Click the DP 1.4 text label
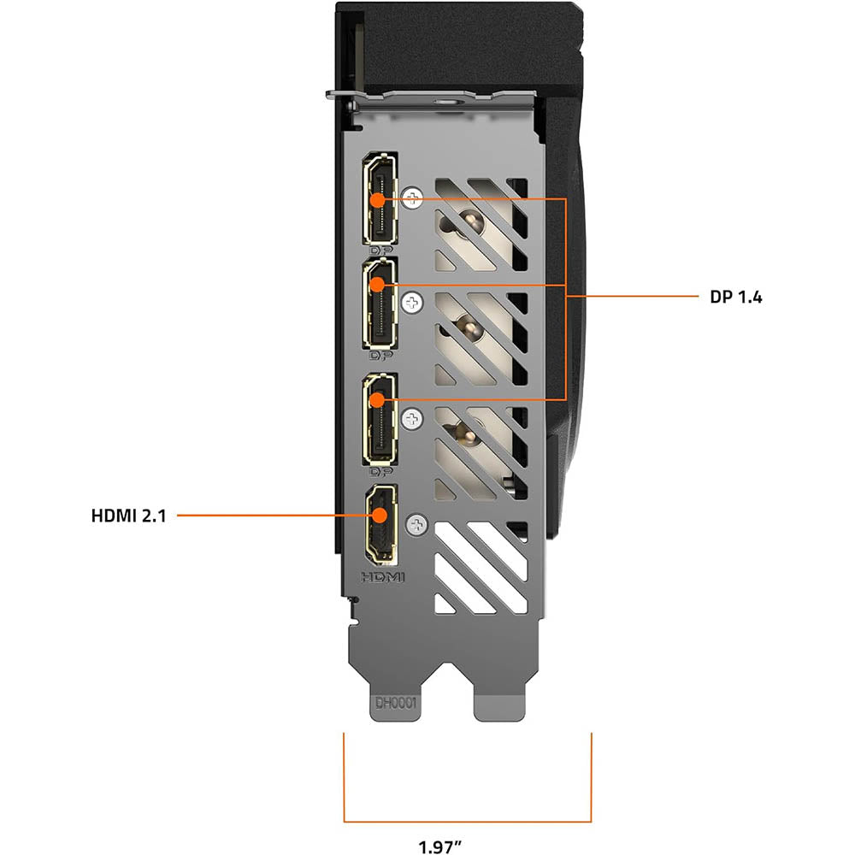click(x=735, y=298)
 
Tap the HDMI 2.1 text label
click(x=129, y=516)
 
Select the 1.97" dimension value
click(x=439, y=846)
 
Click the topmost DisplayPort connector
click(x=380, y=198)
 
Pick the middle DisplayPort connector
click(x=380, y=304)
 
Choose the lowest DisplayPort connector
click(x=380, y=419)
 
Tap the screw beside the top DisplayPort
click(x=413, y=198)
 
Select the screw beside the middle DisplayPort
click(x=412, y=302)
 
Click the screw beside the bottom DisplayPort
click(x=412, y=419)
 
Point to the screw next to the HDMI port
click(x=417, y=525)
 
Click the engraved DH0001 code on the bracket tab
click(x=396, y=704)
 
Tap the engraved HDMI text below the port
click(x=383, y=577)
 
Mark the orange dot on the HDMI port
click(x=380, y=516)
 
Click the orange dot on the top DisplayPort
click(x=377, y=199)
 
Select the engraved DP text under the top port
click(x=381, y=251)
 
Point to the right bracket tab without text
click(x=499, y=707)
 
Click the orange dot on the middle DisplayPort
click(x=377, y=284)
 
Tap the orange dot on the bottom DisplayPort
click(x=377, y=399)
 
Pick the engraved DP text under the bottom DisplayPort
click(x=381, y=471)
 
